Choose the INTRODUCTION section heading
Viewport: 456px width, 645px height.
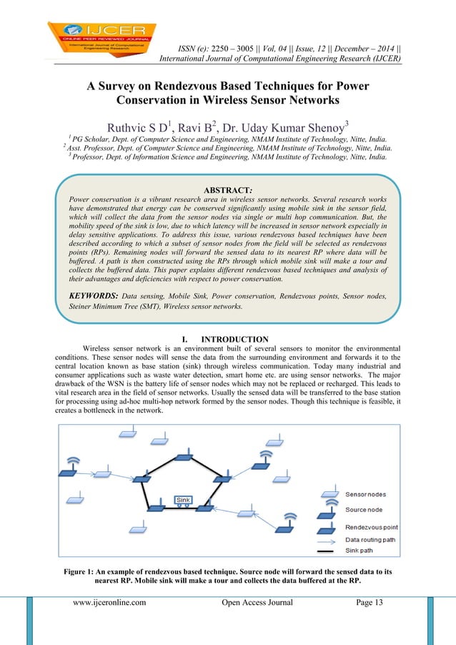pos(235,339)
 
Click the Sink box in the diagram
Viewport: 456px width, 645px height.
pos(184,498)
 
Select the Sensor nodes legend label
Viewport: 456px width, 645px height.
pos(367,494)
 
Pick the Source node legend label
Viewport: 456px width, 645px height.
pos(365,510)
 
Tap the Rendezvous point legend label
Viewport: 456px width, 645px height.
pos(372,527)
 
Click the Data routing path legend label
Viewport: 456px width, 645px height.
pos(372,540)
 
